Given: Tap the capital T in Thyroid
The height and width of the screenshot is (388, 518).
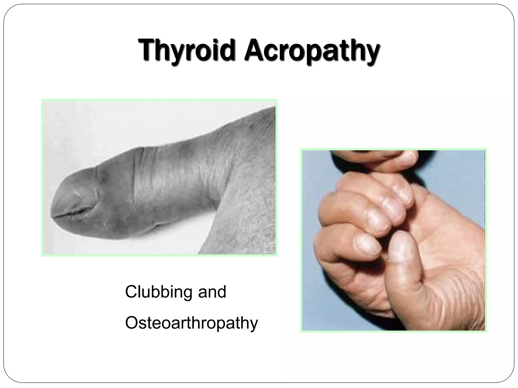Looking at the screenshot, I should pos(147,49).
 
